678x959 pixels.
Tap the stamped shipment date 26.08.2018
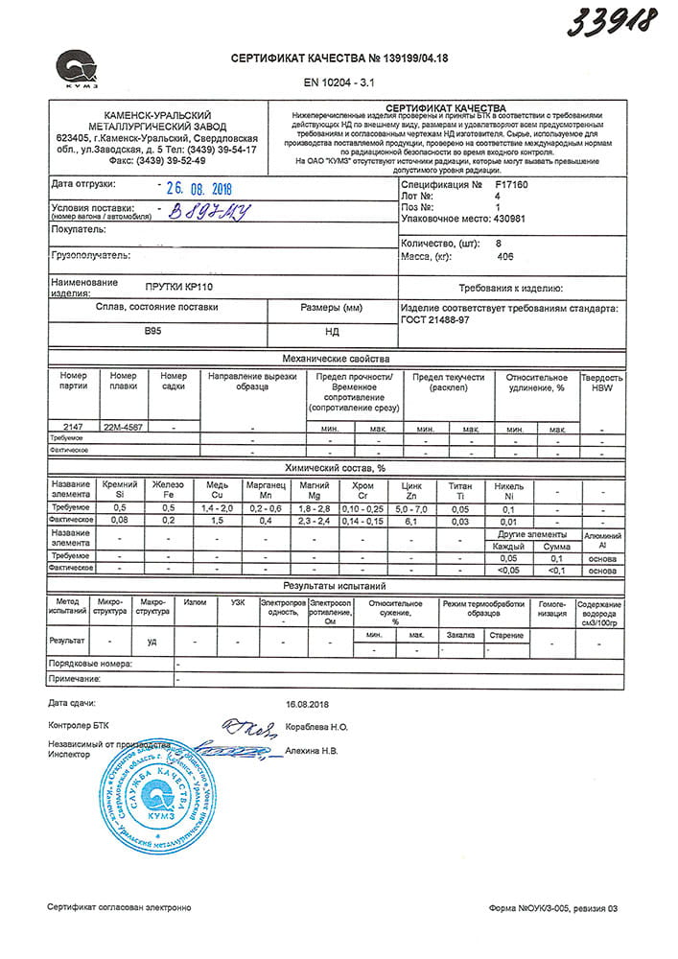click(x=199, y=189)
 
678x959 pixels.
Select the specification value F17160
click(x=511, y=183)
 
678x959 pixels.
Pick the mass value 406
click(x=504, y=257)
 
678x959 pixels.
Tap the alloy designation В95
click(x=153, y=331)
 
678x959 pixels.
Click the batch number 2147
click(x=73, y=427)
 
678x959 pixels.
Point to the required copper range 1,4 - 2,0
click(x=217, y=507)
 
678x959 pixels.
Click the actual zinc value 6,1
click(x=412, y=520)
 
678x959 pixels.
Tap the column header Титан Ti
click(x=461, y=489)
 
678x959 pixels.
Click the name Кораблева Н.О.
click(x=317, y=729)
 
